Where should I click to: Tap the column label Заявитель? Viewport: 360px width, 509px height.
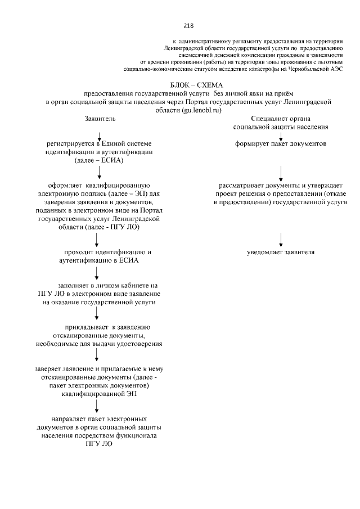100,119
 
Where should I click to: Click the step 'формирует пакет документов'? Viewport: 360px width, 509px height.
281,144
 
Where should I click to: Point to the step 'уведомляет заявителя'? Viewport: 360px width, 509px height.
281,252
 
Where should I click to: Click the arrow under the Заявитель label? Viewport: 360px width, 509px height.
100,135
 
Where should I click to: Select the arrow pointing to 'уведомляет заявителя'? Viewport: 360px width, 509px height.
281,238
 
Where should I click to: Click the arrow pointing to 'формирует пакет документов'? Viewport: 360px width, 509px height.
281,136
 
